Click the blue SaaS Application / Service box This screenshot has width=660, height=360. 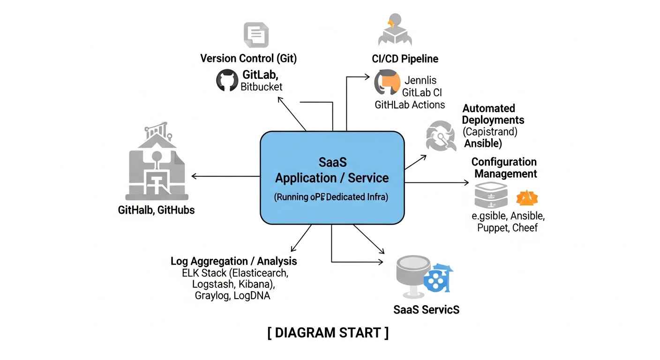pos(332,178)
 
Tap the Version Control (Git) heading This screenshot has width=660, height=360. pos(248,59)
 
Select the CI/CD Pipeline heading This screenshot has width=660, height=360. pos(402,59)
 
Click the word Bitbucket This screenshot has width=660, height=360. pos(261,87)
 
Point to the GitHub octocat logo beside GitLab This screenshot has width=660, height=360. pos(227,80)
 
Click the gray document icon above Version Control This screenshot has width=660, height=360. pos(255,35)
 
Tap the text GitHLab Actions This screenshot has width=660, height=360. pos(409,105)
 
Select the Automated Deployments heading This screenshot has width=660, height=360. pos(493,114)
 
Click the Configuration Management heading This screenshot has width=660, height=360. pos(504,168)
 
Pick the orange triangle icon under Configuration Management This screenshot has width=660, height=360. pos(526,198)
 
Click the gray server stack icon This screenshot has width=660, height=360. pos(490,196)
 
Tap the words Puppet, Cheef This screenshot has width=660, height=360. pos(507,228)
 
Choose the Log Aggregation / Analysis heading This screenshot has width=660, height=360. pos(233,261)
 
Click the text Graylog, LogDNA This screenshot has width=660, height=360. pos(232,296)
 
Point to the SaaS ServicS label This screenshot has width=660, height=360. pos(426,309)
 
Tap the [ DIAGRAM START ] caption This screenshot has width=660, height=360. pos(328,333)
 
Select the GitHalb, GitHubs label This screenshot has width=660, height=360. pos(156,210)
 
